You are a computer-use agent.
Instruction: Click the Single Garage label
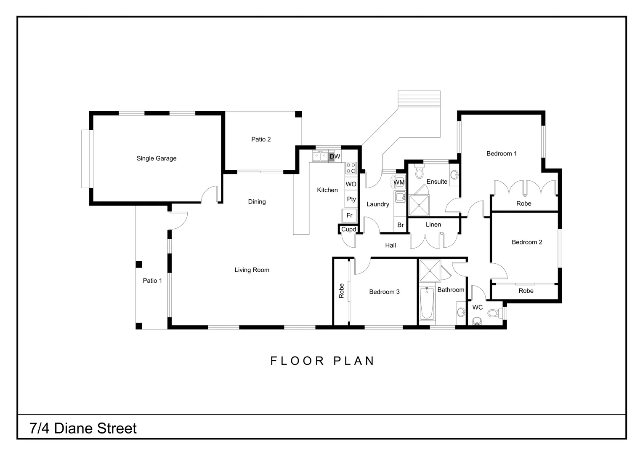pyautogui.click(x=157, y=158)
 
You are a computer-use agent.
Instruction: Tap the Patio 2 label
pyautogui.click(x=261, y=139)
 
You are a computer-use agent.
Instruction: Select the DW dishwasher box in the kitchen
pyautogui.click(x=335, y=156)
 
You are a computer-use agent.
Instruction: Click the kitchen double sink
pyautogui.click(x=320, y=156)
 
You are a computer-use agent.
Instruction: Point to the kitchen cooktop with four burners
pyautogui.click(x=351, y=168)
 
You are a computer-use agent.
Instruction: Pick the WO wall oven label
pyautogui.click(x=351, y=184)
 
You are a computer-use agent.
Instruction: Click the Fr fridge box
pyautogui.click(x=349, y=215)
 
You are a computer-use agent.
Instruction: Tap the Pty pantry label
pyautogui.click(x=351, y=199)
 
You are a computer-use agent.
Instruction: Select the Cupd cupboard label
pyautogui.click(x=348, y=230)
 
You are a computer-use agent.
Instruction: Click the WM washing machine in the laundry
pyautogui.click(x=399, y=182)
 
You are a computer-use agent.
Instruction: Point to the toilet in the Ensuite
pyautogui.click(x=419, y=171)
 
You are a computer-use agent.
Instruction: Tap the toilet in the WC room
pyautogui.click(x=494, y=313)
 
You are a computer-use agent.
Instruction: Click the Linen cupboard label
pyautogui.click(x=433, y=225)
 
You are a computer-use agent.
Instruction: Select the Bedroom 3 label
pyautogui.click(x=384, y=292)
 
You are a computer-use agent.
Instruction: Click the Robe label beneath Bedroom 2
pyautogui.click(x=526, y=291)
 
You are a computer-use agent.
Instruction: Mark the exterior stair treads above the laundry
pyautogui.click(x=419, y=100)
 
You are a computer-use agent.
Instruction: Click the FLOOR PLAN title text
pyautogui.click(x=322, y=361)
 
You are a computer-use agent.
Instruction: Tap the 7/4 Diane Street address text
pyautogui.click(x=83, y=428)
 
